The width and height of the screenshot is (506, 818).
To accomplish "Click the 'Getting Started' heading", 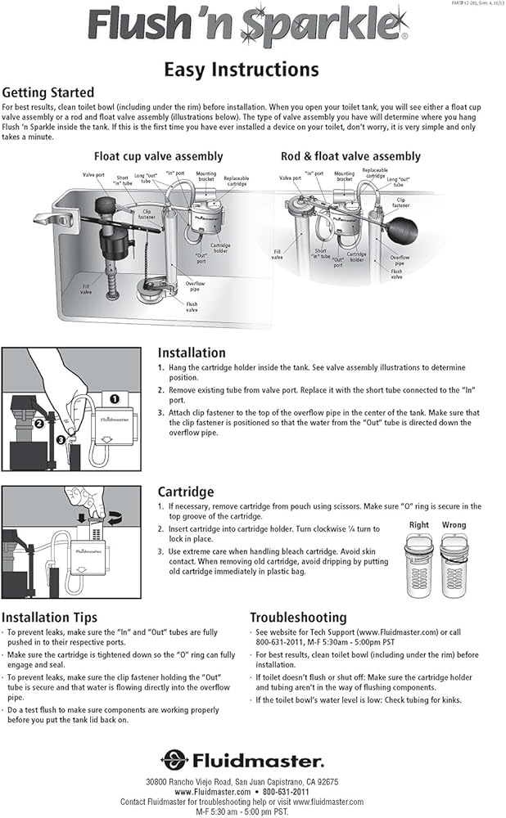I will click(x=48, y=92).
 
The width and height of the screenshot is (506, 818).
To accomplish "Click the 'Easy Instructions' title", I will click(x=242, y=69).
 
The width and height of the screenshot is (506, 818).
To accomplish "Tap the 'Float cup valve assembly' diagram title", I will click(x=158, y=156).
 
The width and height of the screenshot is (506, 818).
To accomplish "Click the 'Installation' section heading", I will click(x=192, y=353).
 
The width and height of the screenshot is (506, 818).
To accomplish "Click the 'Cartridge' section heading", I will click(x=185, y=492).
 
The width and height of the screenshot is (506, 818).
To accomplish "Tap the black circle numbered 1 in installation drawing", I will click(x=115, y=398).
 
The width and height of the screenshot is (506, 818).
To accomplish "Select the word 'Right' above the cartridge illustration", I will click(x=418, y=525).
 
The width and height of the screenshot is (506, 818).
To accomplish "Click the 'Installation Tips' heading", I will click(x=49, y=617).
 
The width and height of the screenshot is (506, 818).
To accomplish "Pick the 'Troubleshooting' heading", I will click(x=298, y=617).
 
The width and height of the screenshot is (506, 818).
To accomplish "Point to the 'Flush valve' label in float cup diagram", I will click(x=191, y=308).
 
